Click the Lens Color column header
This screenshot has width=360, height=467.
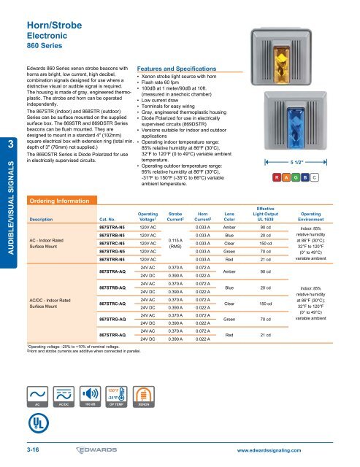pyautogui.click(x=229, y=216)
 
